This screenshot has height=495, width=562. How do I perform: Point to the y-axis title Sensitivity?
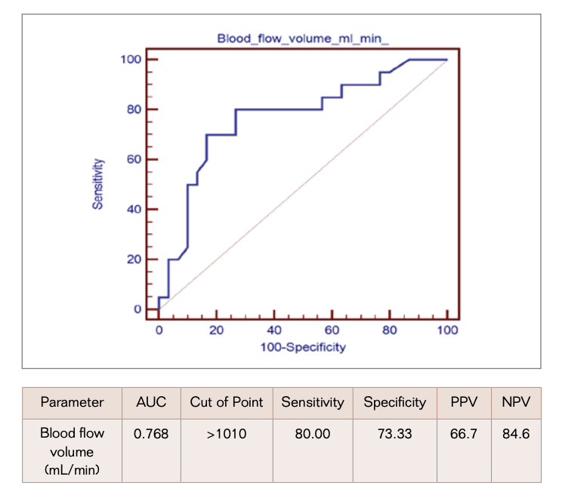click(97, 184)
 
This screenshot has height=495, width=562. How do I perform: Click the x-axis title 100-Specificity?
click(303, 347)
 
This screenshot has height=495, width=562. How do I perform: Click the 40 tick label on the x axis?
click(274, 330)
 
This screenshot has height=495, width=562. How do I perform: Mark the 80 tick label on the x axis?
click(390, 330)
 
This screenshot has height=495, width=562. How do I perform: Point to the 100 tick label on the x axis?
click(447, 330)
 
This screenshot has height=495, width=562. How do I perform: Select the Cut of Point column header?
click(227, 402)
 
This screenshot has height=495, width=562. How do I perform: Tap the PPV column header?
click(463, 402)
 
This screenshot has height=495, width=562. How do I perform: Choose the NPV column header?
click(516, 402)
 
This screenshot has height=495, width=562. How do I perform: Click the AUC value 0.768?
click(152, 434)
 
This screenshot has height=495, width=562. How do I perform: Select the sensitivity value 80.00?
click(312, 434)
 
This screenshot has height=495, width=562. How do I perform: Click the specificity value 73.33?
click(395, 434)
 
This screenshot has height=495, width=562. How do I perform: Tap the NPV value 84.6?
click(516, 434)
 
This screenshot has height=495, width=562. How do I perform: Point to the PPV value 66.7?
click(463, 434)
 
